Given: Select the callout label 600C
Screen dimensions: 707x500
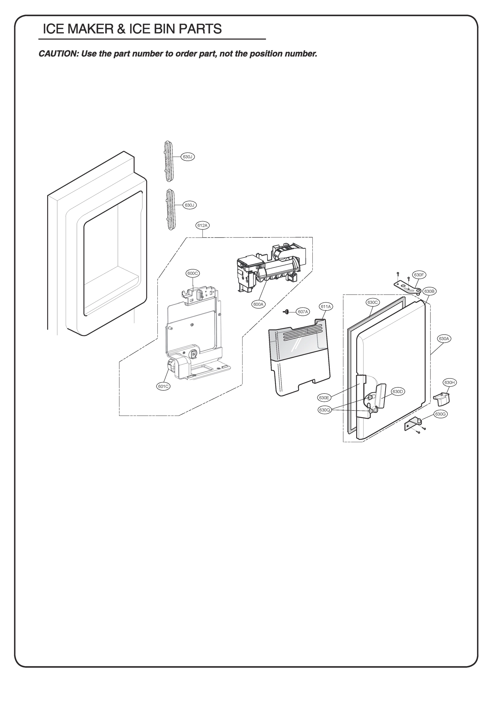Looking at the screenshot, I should pos(193,273).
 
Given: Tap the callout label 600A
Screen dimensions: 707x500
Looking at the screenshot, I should pos(258,304).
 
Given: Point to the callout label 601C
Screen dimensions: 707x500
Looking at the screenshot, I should pos(163,386).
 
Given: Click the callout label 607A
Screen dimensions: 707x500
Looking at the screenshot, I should pos(303,312).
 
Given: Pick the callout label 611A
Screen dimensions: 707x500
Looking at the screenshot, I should pos(326,306).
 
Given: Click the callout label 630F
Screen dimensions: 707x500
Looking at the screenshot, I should pos(419,275).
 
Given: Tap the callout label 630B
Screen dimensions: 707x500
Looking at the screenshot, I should pos(429,291).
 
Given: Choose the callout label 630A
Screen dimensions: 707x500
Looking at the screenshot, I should pos(444,338).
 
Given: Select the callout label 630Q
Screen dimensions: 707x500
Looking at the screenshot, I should pos(325,410).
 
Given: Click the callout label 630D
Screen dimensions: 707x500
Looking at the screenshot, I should pos(397,392).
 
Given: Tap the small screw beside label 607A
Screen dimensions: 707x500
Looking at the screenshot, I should pos(286,312).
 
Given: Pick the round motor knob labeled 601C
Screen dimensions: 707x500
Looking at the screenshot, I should pos(170,366).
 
